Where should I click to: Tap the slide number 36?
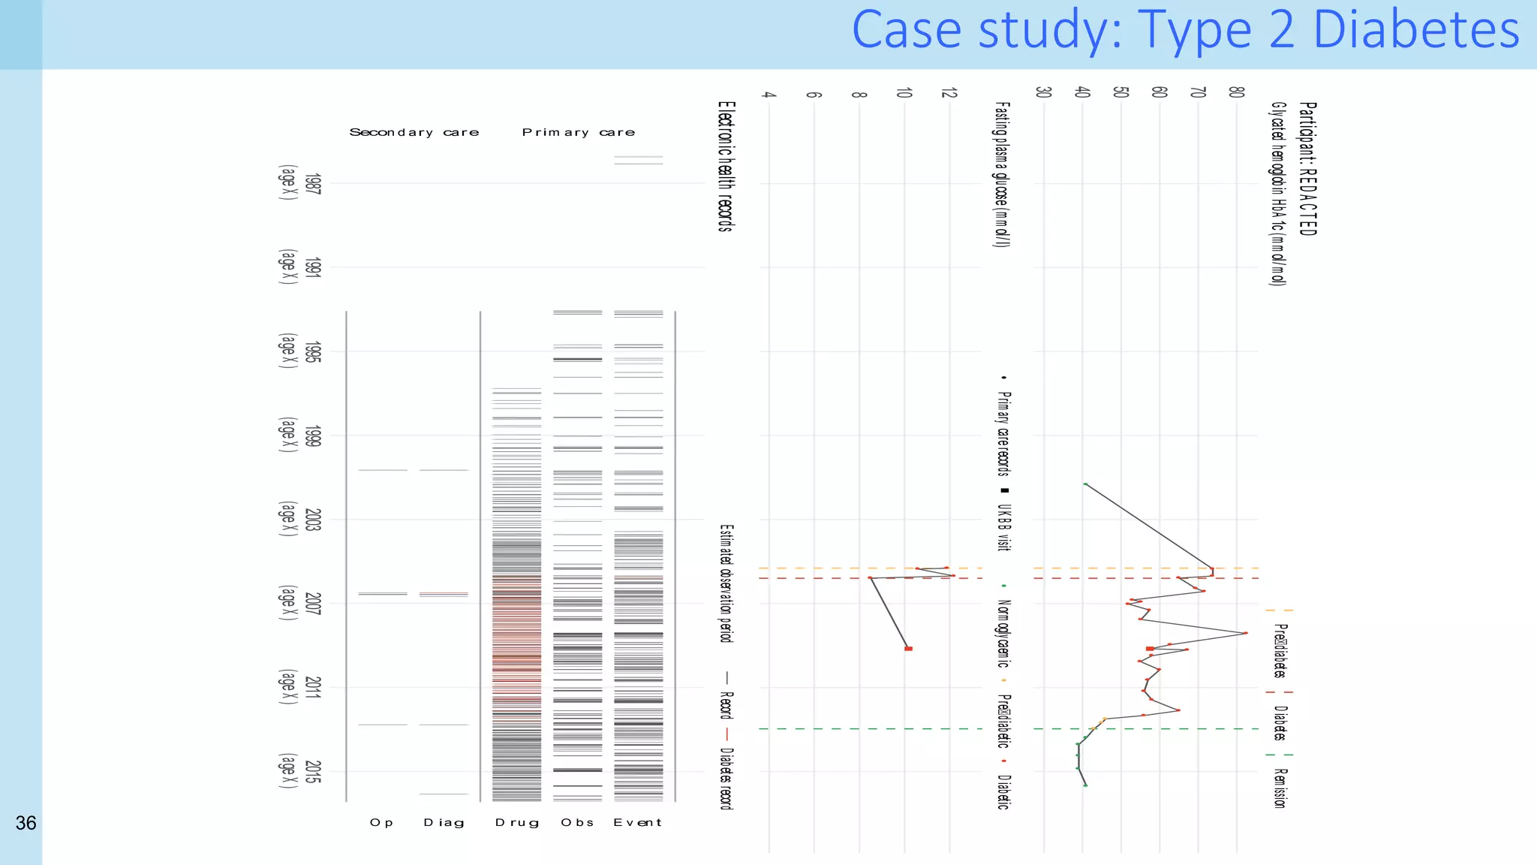(26, 824)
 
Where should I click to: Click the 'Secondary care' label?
(414, 133)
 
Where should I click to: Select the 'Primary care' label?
(578, 133)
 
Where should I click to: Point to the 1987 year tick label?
(313, 184)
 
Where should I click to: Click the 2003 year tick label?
(313, 520)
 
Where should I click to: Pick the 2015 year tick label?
(313, 772)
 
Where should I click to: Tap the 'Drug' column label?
(517, 823)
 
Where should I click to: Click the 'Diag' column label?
(444, 823)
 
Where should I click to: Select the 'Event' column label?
(637, 823)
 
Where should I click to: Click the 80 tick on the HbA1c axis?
(1236, 92)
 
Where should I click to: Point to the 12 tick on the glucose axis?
(949, 93)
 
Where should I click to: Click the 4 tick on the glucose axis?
(768, 95)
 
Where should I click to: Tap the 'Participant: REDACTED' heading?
(1307, 169)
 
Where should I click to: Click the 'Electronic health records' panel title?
(724, 167)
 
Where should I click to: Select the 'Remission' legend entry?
(1280, 787)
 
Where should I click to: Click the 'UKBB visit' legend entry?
(1003, 527)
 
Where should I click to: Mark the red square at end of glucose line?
(908, 649)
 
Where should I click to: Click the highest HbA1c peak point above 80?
(1245, 633)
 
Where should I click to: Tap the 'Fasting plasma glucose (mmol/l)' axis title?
(1002, 175)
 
